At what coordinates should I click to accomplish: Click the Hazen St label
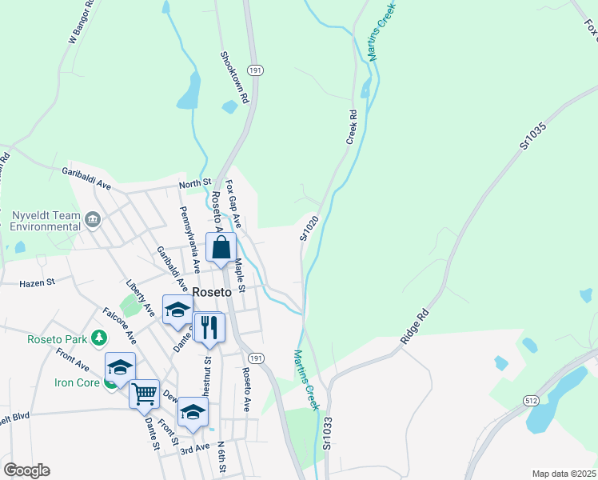tap(38, 282)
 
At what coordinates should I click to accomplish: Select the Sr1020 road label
tap(309, 226)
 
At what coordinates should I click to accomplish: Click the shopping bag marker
tap(221, 247)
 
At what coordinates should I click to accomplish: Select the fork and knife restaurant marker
tap(209, 327)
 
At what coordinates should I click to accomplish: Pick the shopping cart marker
tap(144, 394)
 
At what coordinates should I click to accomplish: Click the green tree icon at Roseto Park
tap(98, 339)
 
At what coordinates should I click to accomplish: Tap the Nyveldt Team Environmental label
tap(46, 221)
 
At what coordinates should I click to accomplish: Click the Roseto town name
tap(212, 293)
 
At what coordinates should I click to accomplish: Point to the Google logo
tap(26, 470)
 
